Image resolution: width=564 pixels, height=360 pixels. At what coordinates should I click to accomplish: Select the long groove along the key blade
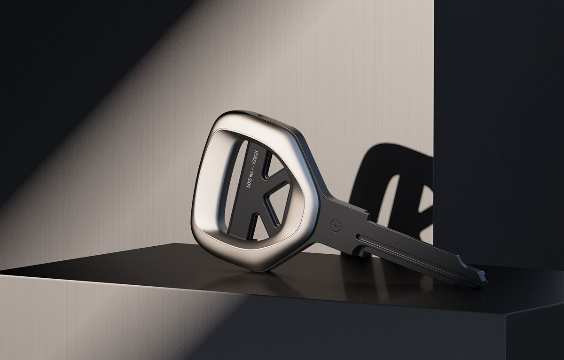tap(404, 254)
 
